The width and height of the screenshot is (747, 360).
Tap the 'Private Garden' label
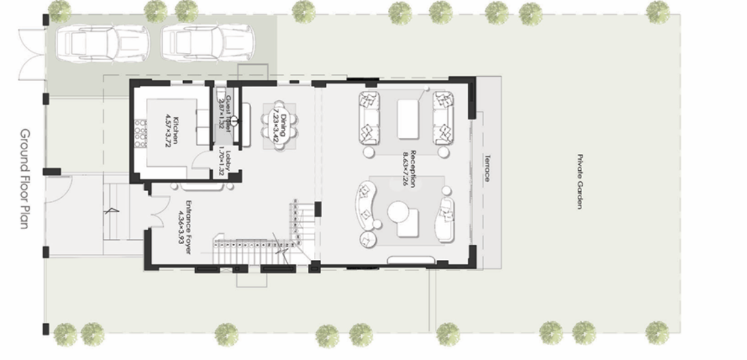click(x=580, y=182)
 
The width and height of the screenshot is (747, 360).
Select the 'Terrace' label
click(x=487, y=168)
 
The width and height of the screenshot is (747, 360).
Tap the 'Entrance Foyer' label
click(x=188, y=226)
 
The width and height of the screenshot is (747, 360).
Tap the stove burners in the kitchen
click(x=139, y=131)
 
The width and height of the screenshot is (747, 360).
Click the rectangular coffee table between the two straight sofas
click(x=408, y=118)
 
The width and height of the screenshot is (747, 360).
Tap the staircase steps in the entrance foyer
click(x=252, y=248)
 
